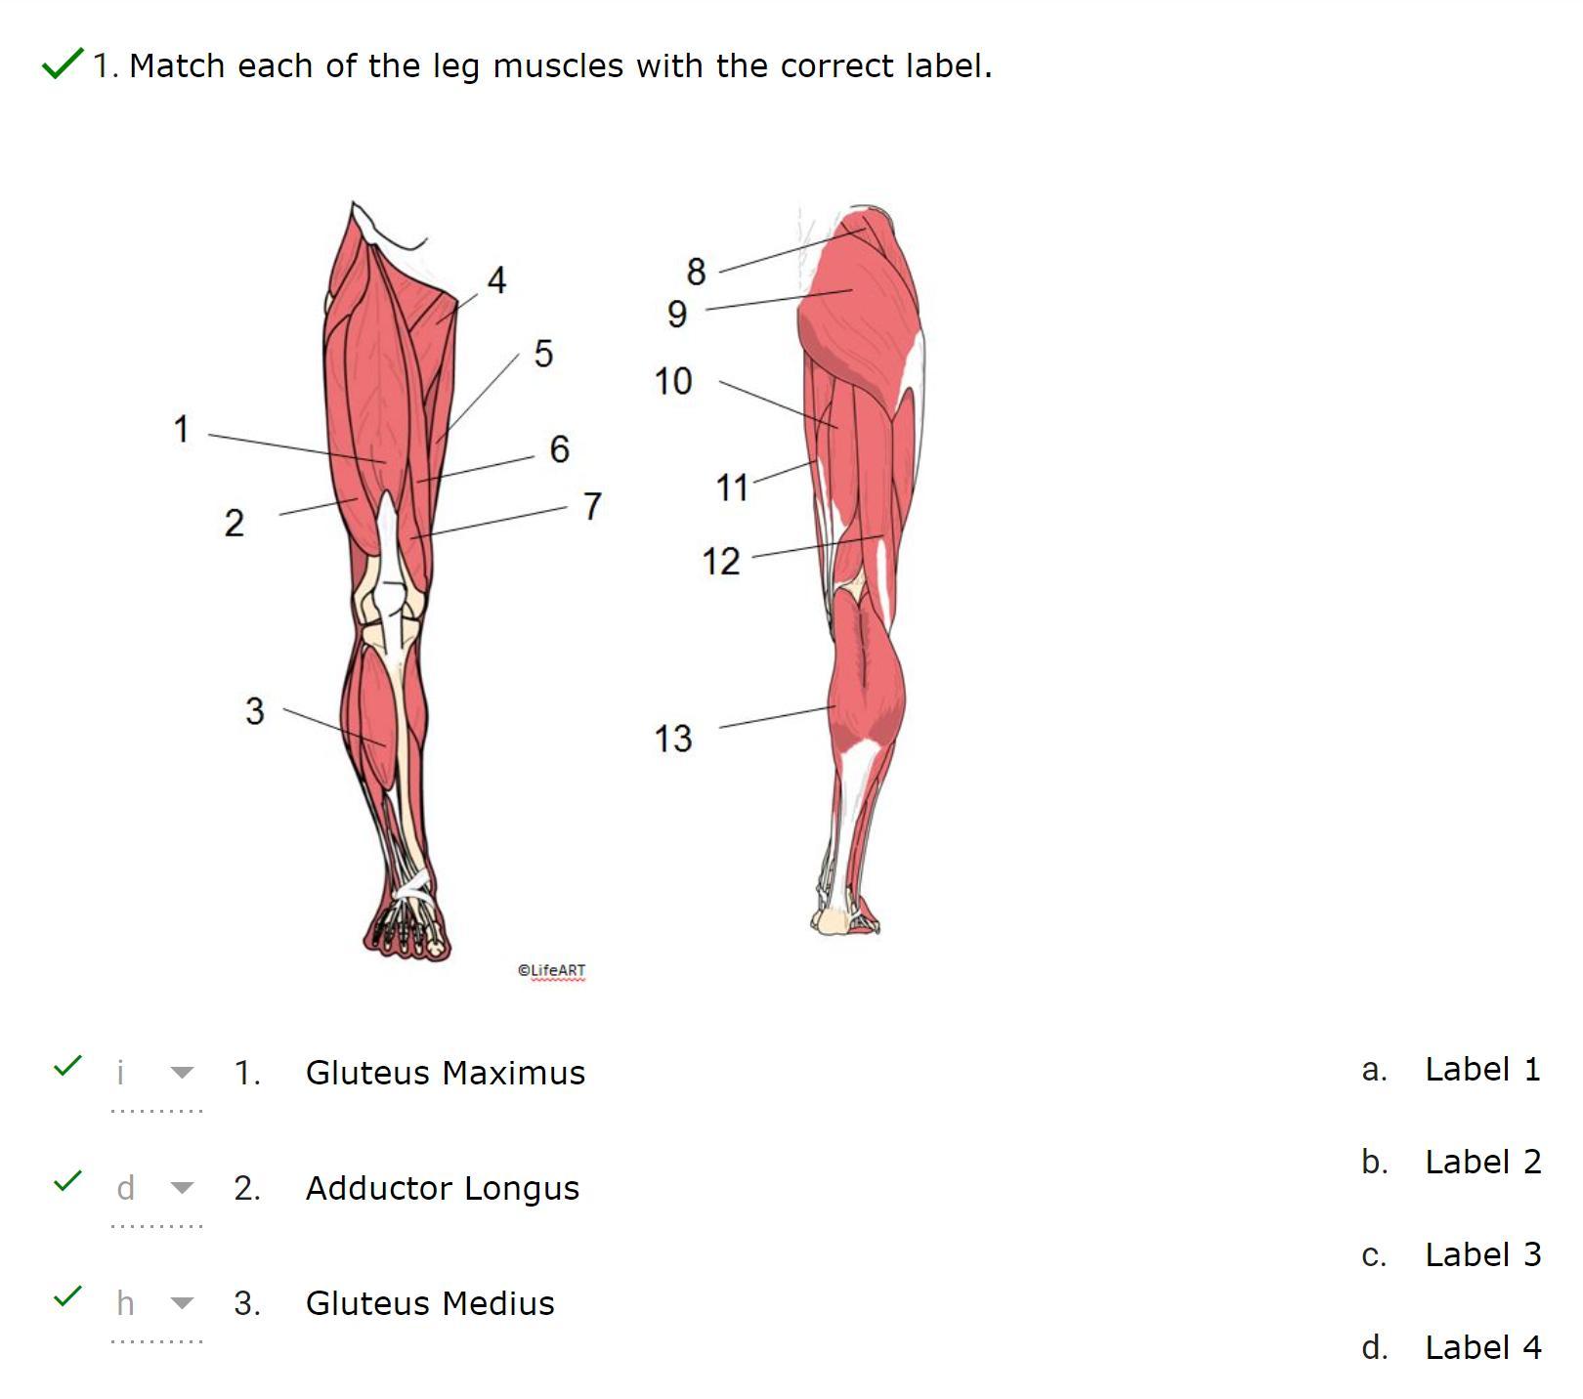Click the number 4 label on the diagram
[x=496, y=281]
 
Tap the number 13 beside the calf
[x=673, y=739]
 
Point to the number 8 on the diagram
[x=696, y=272]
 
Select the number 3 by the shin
[x=254, y=710]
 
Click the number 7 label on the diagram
[x=592, y=506]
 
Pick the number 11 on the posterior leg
[x=732, y=488]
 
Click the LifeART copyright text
[x=551, y=970]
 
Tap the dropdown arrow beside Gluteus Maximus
[x=182, y=1073]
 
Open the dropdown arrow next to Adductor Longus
[x=182, y=1188]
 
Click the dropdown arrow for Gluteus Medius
[x=182, y=1303]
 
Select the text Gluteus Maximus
[x=445, y=1073]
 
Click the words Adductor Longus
[x=442, y=1188]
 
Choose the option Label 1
[x=1481, y=1069]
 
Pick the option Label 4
[x=1482, y=1347]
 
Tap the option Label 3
[x=1482, y=1254]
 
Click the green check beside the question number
[x=62, y=64]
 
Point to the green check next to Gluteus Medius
[x=67, y=1297]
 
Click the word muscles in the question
[x=558, y=65]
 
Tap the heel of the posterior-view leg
[x=833, y=920]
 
